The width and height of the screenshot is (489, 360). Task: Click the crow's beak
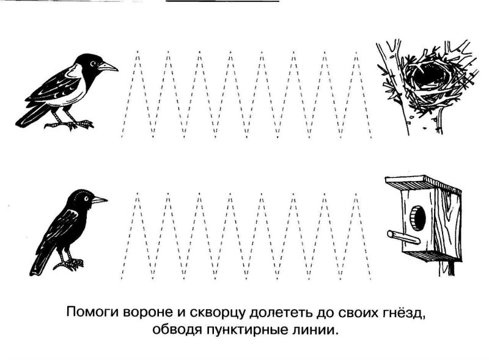[x=109, y=66]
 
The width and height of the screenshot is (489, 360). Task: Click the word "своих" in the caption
[x=353, y=314]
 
